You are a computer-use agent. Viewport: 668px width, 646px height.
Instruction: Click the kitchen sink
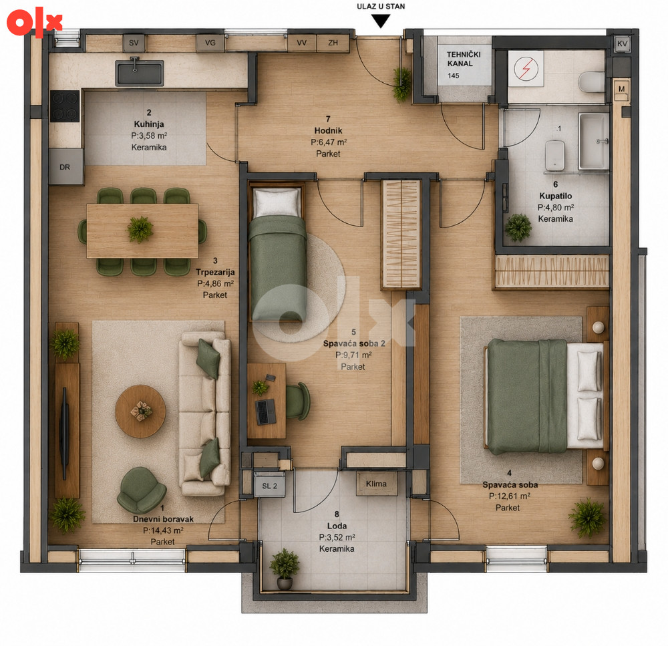click(139, 72)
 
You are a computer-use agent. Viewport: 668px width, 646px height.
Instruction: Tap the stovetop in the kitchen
click(65, 106)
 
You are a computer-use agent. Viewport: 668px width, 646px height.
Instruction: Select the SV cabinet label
click(134, 43)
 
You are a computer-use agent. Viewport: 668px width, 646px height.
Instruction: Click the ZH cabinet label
click(333, 43)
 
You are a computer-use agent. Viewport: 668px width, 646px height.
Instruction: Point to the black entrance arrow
click(381, 21)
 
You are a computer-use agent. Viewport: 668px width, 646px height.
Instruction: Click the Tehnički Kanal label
click(464, 59)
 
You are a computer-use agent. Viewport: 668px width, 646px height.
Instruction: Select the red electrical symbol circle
click(526, 69)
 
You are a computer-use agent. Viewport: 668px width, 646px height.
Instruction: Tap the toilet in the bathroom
click(591, 82)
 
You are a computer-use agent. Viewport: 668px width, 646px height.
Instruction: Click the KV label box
click(622, 43)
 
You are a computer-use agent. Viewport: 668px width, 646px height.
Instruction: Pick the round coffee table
click(140, 412)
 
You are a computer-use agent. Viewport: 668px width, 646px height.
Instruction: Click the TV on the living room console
click(64, 434)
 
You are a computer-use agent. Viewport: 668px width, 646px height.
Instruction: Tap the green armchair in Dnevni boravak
click(142, 490)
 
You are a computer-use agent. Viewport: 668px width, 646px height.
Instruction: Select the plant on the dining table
click(140, 229)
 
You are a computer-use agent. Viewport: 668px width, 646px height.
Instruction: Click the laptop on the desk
click(266, 412)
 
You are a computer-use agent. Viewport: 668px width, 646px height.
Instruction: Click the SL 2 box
click(269, 486)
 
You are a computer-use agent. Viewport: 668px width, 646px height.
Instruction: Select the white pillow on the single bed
click(277, 202)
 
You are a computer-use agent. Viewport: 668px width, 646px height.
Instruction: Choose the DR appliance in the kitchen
click(66, 166)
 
